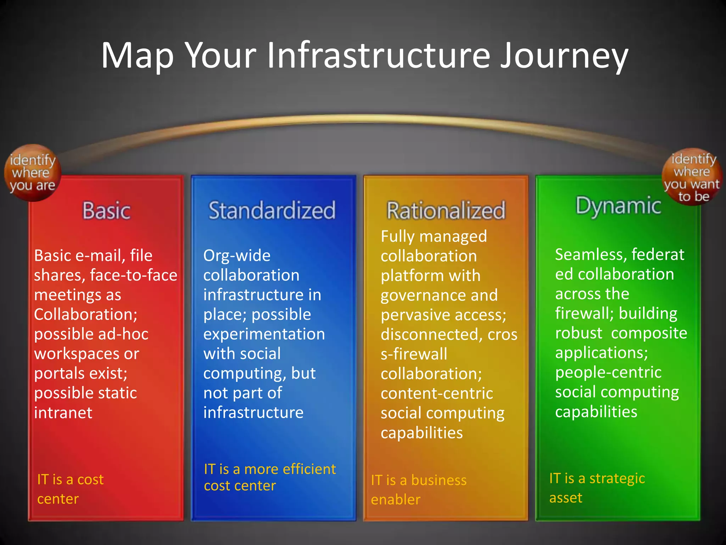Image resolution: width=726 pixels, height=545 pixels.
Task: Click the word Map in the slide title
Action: [138, 56]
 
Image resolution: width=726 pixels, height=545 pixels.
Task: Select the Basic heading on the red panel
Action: [106, 210]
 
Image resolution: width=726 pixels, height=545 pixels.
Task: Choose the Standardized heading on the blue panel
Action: [272, 210]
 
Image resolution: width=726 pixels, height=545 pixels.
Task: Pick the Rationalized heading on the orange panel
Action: [446, 210]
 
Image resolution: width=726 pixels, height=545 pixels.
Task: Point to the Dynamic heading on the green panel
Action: [618, 206]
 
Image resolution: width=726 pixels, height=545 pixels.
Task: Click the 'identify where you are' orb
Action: [33, 173]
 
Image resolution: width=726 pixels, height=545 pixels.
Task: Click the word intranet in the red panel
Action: [63, 413]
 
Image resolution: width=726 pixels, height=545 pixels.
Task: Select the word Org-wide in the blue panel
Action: [237, 256]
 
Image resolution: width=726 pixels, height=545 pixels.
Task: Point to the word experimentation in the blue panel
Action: [264, 334]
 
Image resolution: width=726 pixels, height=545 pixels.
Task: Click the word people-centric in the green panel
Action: [608, 373]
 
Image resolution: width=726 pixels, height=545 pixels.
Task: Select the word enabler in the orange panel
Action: [396, 500]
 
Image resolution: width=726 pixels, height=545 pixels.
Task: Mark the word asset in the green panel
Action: [566, 498]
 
